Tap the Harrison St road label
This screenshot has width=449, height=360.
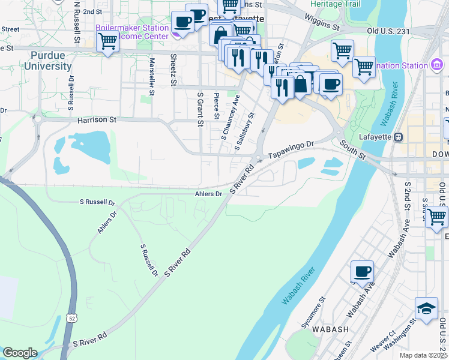coord(97,120)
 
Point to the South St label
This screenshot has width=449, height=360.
coord(352,150)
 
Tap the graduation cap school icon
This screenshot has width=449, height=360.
coord(426,309)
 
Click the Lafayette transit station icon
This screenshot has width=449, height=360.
coord(398,137)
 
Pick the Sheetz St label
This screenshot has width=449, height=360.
coord(173,70)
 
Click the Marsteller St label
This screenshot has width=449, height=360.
coord(152,76)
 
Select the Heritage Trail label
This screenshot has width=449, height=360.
coord(335,4)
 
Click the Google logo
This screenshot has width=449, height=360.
coord(20,353)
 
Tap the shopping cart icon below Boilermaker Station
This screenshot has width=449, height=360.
coord(107,42)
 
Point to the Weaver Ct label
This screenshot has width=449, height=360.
coord(383,341)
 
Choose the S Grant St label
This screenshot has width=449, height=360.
coord(200,109)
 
